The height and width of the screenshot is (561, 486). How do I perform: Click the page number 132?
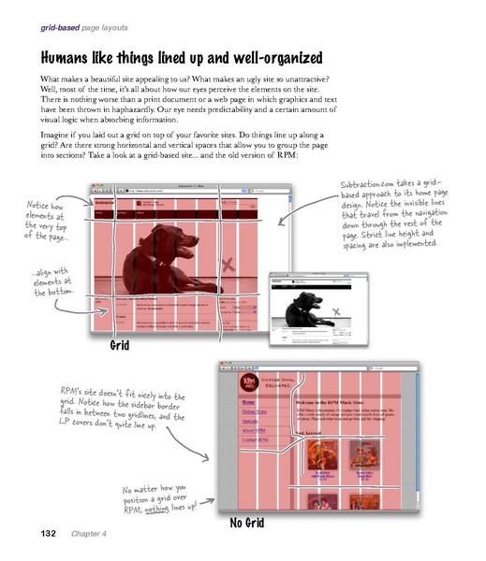pos(44,534)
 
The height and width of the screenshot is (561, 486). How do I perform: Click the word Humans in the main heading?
pos(72,53)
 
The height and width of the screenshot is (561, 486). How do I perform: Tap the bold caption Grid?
pos(118,346)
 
